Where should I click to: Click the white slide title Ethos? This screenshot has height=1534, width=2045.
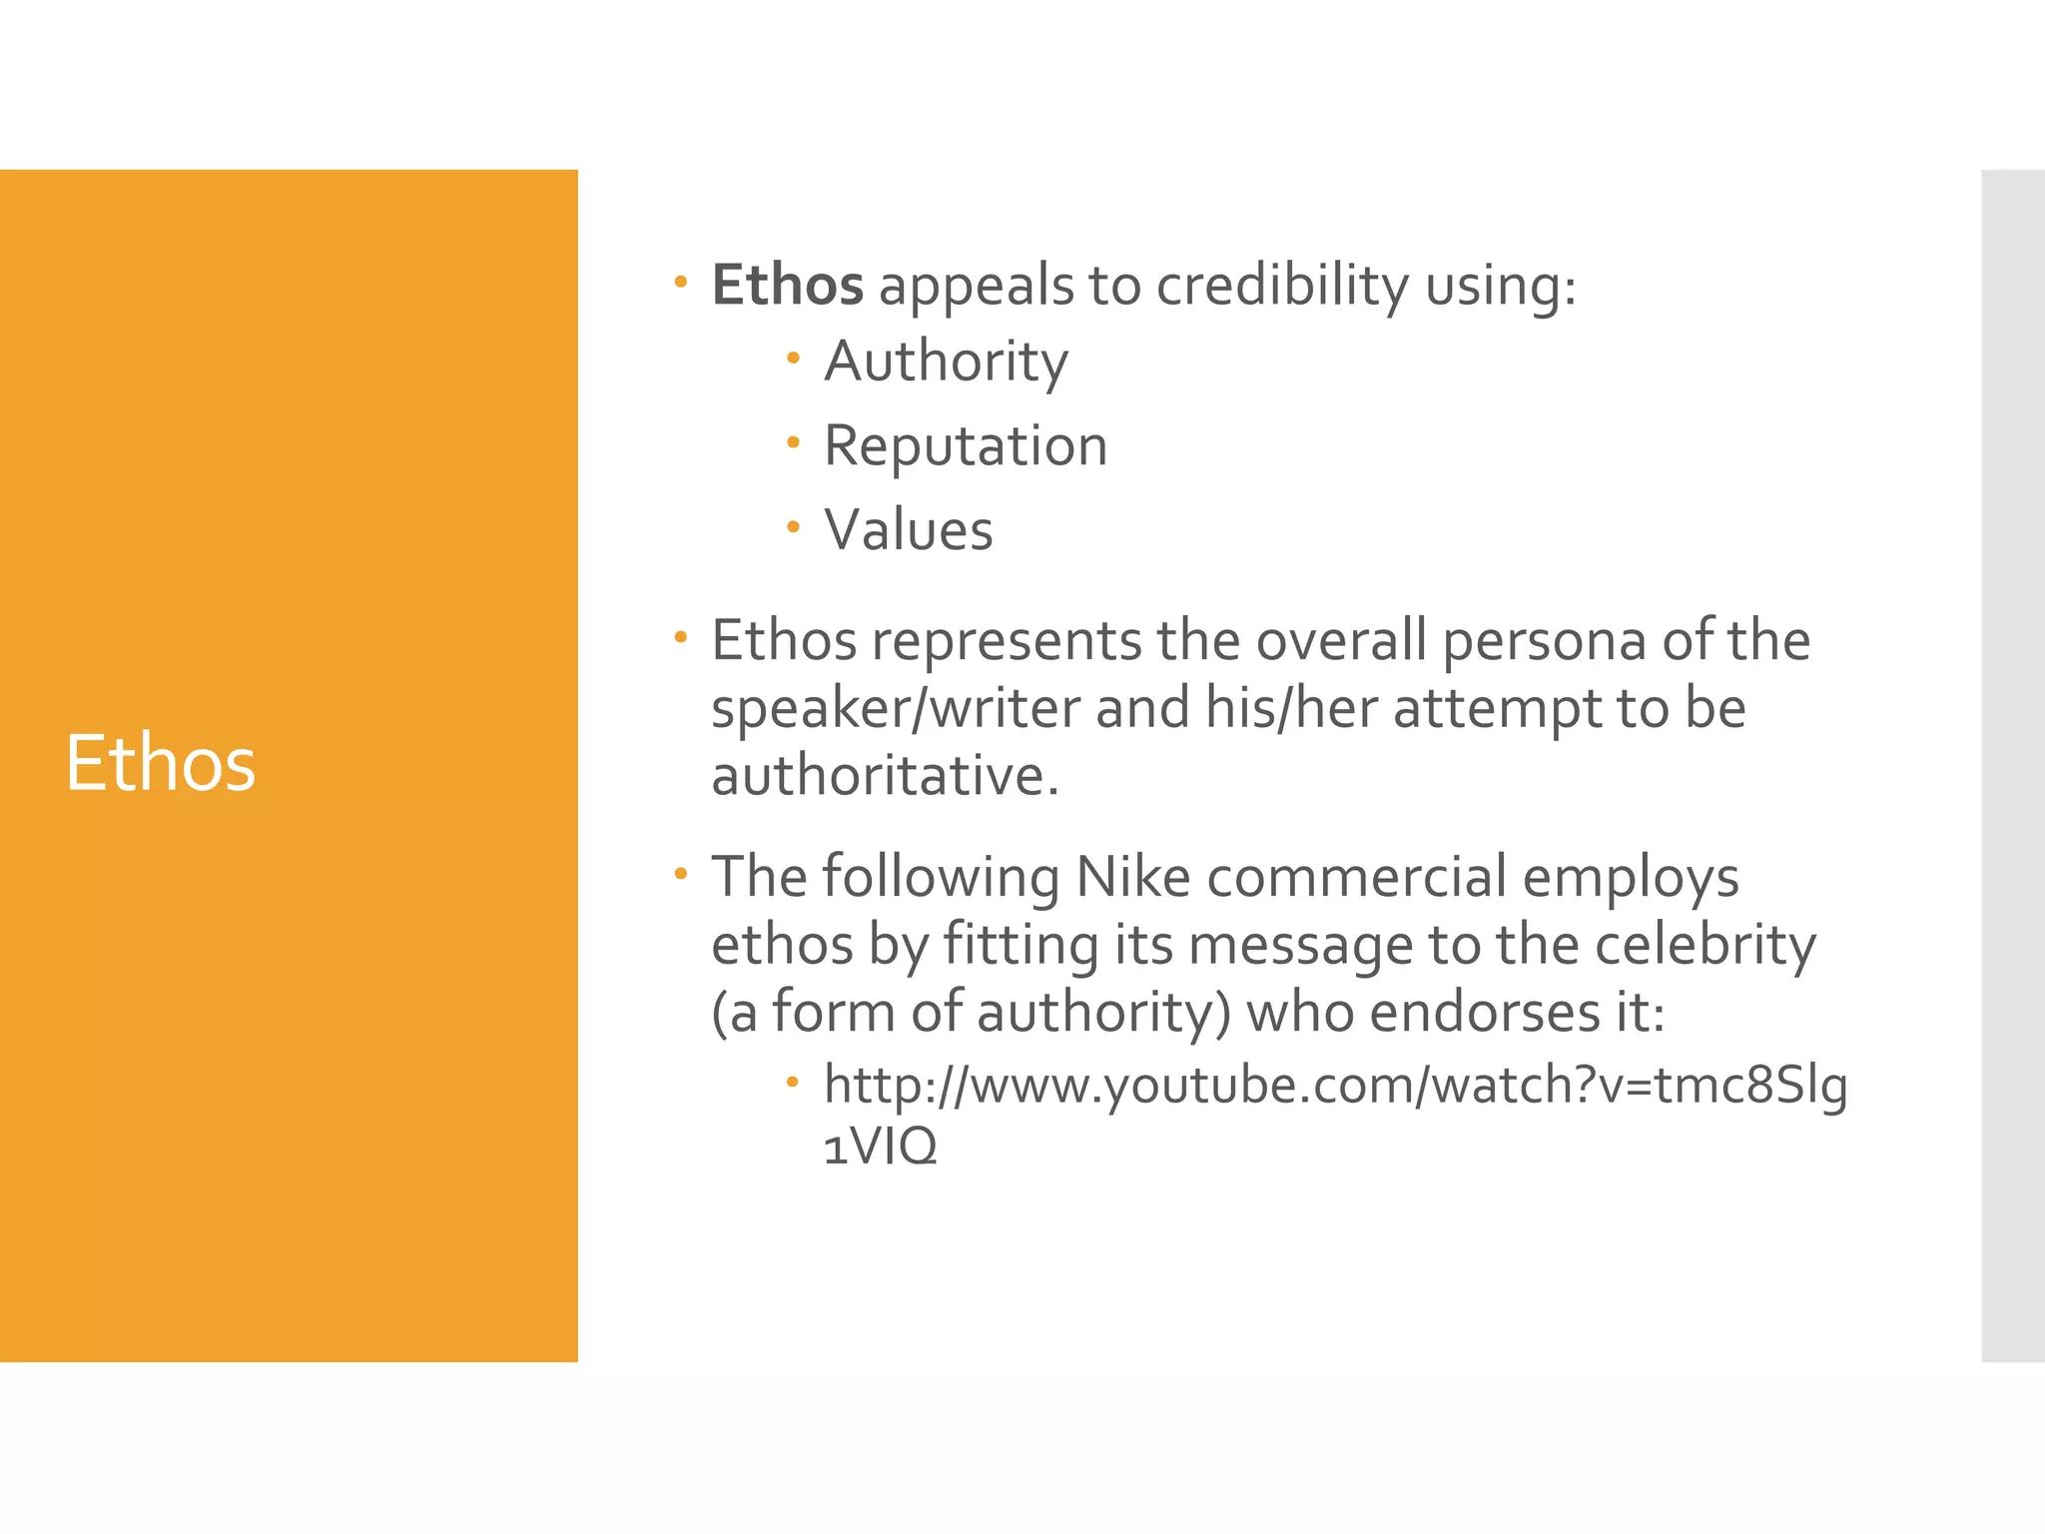tap(161, 763)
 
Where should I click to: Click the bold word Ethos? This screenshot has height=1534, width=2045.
tap(787, 286)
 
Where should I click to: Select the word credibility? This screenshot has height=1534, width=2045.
tap(1282, 286)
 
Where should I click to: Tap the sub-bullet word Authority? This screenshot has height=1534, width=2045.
tap(946, 362)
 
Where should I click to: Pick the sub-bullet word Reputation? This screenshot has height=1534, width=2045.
tap(966, 445)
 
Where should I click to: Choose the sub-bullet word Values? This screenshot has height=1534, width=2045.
tap(909, 529)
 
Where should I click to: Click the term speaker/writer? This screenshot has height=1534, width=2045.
tap(896, 709)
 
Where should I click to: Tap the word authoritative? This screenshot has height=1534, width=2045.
tap(885, 776)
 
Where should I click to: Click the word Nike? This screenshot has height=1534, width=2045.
tap(1133, 878)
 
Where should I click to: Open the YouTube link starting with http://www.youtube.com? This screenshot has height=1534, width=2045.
tap(1335, 1086)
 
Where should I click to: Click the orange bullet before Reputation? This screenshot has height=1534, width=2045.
tap(793, 441)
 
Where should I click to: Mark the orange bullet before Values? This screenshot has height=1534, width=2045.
tap(793, 526)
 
